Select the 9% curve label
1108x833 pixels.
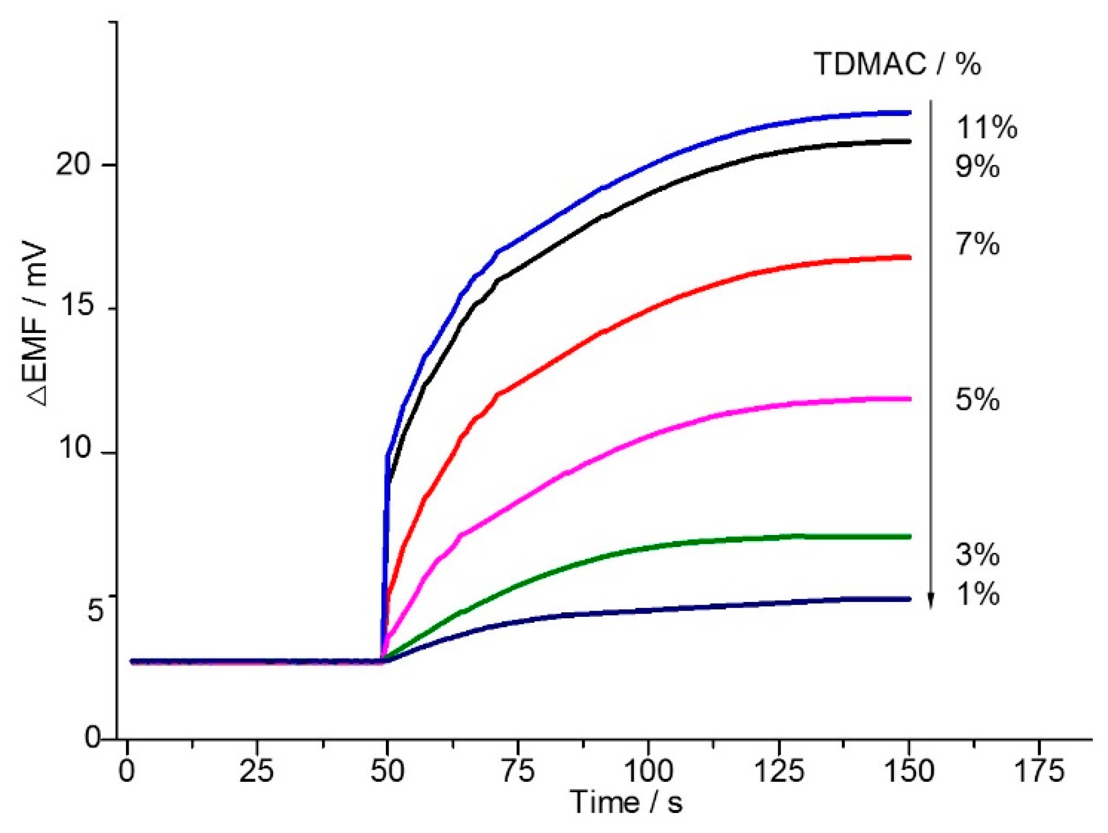pos(977,166)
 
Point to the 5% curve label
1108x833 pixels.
pos(977,400)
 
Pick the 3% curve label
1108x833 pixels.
pos(977,555)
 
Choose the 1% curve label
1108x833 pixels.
pos(977,594)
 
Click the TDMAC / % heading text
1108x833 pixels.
pos(897,64)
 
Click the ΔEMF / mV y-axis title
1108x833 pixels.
pos(37,326)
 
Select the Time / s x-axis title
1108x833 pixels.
pos(626,802)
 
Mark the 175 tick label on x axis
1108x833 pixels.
pos(1039,771)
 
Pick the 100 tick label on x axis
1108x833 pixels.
pos(648,771)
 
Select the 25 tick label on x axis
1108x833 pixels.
pos(257,771)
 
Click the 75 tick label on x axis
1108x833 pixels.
pos(517,771)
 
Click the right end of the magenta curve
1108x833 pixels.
pos(910,399)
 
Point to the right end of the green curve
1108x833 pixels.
pos(910,537)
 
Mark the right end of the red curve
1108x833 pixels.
pos(910,257)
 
